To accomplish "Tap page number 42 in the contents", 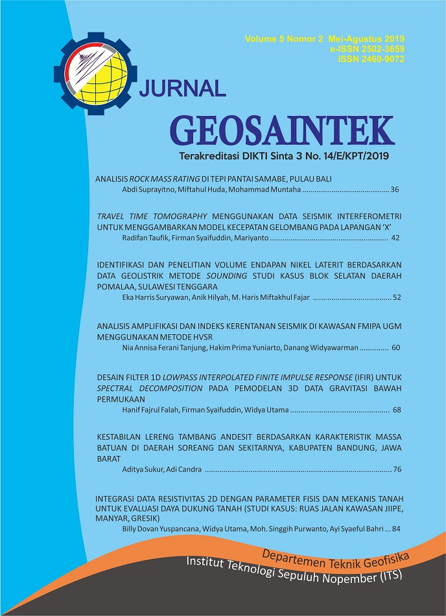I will point(395,238).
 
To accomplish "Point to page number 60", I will point(395,348).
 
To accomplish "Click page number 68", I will point(395,410).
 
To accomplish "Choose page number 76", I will point(395,469).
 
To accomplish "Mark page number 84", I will point(395,529).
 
